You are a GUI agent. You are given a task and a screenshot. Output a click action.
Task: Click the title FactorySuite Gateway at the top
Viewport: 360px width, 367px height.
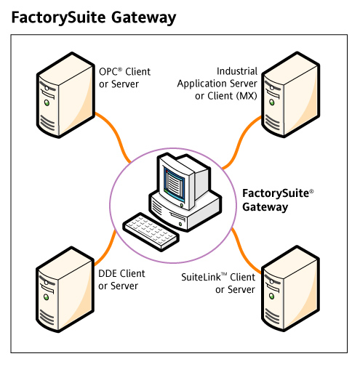point(93,17)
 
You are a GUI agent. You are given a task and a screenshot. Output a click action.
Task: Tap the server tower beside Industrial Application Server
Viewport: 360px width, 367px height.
point(292,94)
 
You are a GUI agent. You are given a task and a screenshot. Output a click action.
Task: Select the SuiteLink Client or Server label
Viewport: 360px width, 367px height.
point(217,283)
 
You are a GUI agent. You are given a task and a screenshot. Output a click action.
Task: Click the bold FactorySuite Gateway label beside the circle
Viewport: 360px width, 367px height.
point(277,201)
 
